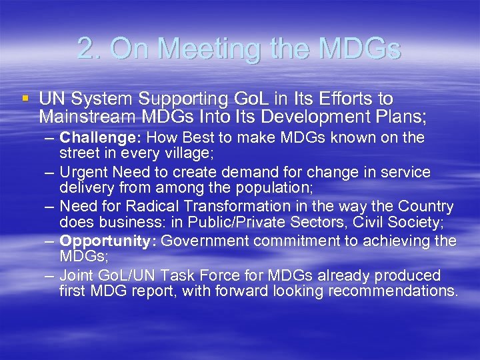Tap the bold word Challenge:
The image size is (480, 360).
click(x=101, y=138)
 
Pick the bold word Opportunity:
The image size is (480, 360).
click(x=108, y=241)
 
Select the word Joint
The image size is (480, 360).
click(x=76, y=275)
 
